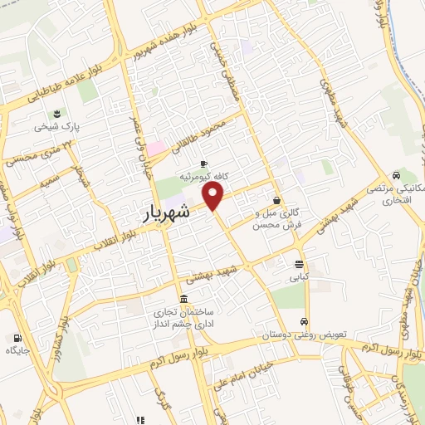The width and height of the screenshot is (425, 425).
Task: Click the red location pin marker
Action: tap(213, 195)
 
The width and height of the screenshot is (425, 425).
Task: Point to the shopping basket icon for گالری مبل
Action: tap(276, 199)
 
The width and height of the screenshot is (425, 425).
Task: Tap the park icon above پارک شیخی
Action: tap(56, 114)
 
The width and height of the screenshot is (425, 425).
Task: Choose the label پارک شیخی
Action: tap(56, 128)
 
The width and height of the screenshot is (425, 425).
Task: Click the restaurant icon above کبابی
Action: tap(298, 264)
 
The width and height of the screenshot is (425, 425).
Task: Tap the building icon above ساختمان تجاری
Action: tap(183, 299)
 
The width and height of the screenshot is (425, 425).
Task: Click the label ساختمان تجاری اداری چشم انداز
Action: tap(177, 318)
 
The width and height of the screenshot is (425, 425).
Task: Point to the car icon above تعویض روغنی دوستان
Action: tap(305, 321)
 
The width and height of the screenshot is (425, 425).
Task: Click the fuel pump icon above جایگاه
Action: tap(16, 338)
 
